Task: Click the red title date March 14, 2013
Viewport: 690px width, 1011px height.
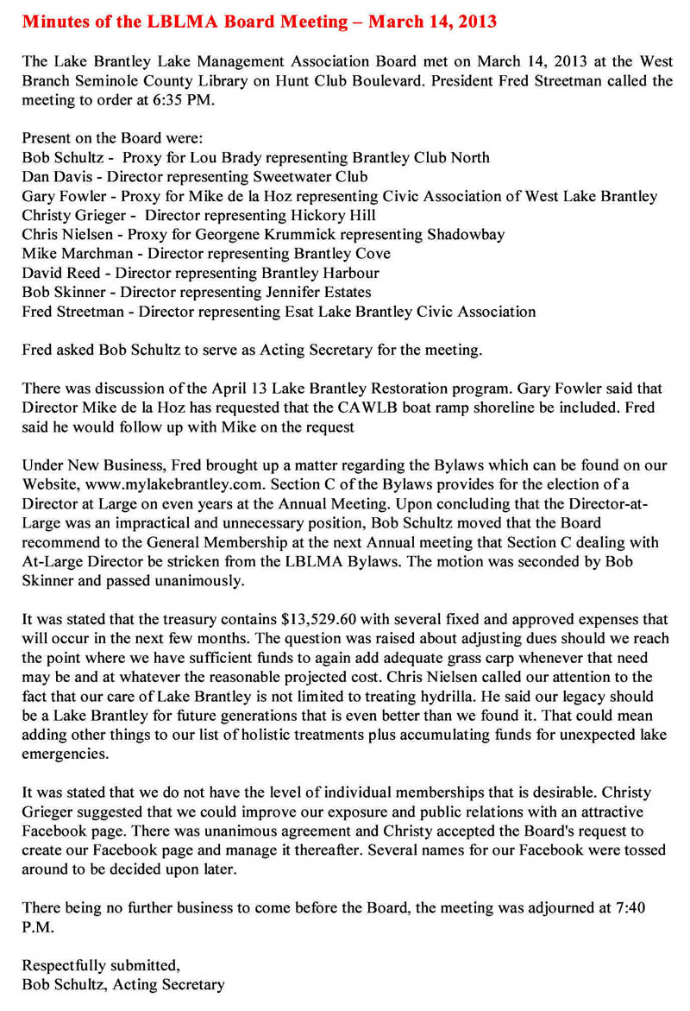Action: click(x=432, y=22)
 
